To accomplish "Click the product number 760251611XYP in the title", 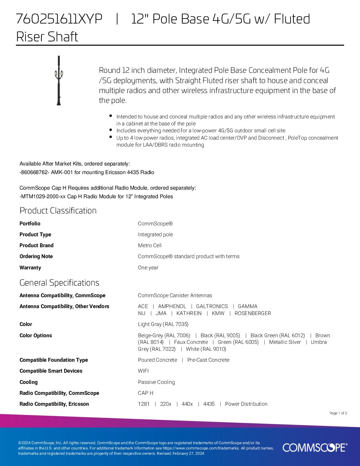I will coord(59,19).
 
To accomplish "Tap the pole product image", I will coord(59,80).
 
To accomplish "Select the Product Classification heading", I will coord(58,210).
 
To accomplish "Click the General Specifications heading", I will coord(59,283).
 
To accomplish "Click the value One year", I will coord(148,267).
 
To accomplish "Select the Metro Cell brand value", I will coord(150,245).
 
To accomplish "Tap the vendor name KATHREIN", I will coord(189,313).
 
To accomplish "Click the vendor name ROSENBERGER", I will coord(252,313).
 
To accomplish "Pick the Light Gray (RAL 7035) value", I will coord(163,324).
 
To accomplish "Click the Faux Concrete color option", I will coord(191,342).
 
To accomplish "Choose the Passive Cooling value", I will coord(156,382).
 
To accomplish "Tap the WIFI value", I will coord(143,371).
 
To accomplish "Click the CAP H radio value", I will coord(146,393).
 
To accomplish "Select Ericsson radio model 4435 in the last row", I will coord(209,404).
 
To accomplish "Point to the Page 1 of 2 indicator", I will coord(338,413).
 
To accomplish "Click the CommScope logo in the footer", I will coord(315,447).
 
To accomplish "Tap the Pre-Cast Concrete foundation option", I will coord(208,360).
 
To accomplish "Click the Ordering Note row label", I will coord(36,256).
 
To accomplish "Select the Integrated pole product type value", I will coord(155,234).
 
